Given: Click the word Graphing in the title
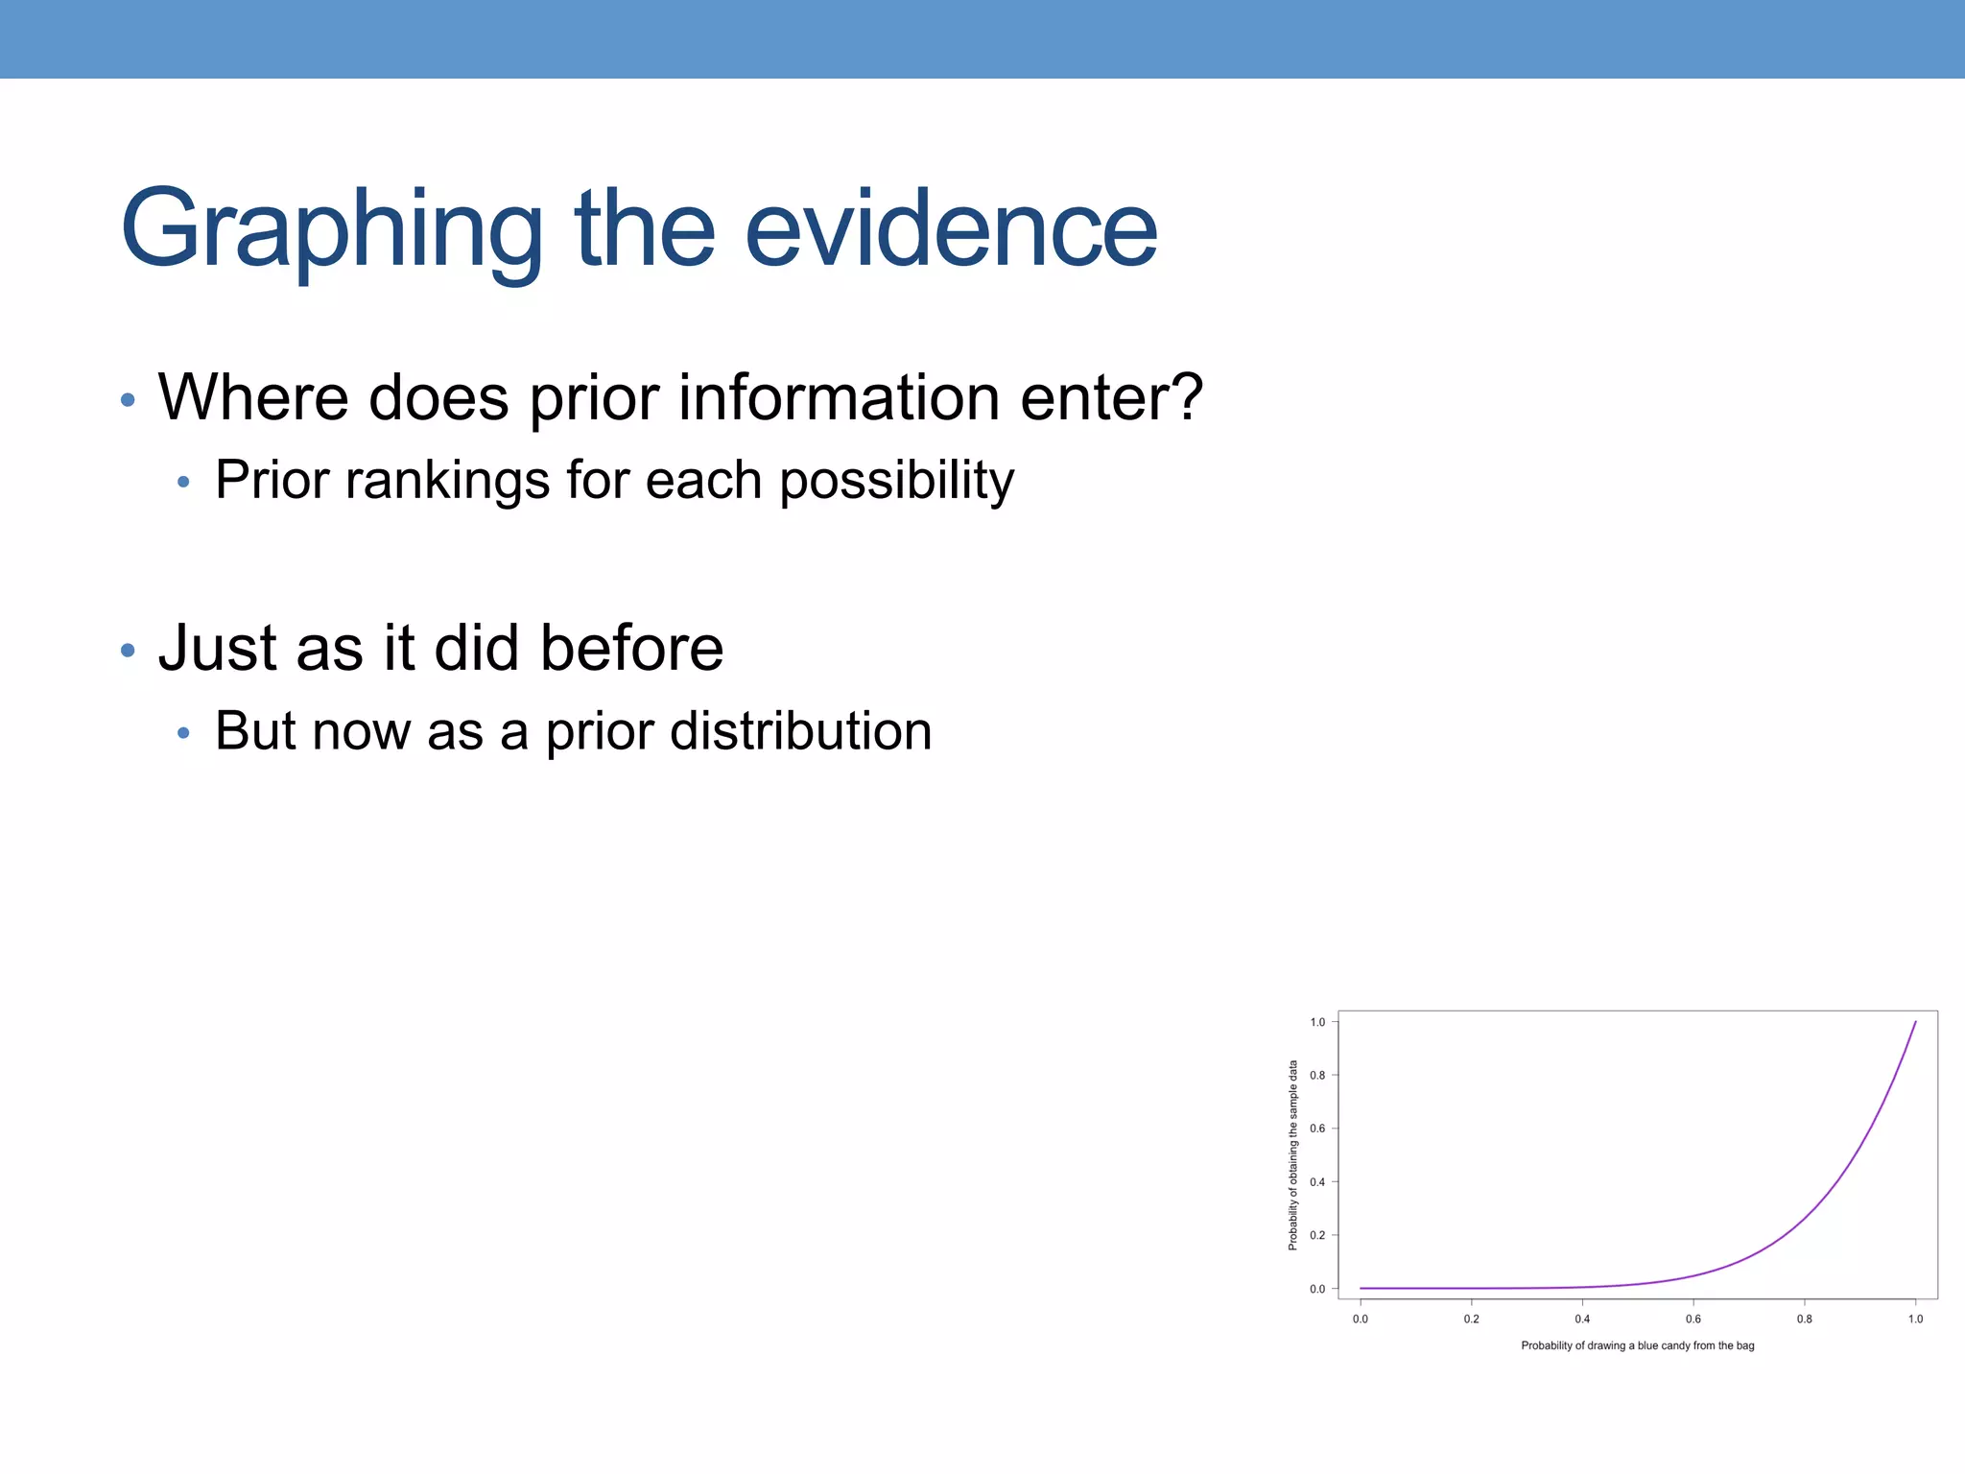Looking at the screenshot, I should pos(331,230).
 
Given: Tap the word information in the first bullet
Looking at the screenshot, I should pos(839,397).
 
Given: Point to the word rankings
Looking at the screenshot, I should pos(447,480).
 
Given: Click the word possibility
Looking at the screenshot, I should pos(896,480).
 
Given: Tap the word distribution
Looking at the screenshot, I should pos(800,731).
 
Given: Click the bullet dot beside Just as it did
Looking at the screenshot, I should pos(128,651).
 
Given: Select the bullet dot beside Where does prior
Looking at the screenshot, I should pos(128,399).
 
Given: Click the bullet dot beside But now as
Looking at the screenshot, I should pos(183,734).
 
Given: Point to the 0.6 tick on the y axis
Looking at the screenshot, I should pos(1317,1129).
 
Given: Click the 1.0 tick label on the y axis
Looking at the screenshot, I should pos(1317,1022).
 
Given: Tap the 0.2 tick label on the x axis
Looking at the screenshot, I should pos(1471,1319).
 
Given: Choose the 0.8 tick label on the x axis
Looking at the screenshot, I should pos(1804,1319).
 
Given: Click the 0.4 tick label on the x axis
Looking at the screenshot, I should pos(1582,1319).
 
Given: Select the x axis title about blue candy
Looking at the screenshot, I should pos(1637,1345).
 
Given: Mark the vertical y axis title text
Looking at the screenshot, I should pos(1292,1154).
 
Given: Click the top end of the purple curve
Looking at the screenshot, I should pos(1915,1023).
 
